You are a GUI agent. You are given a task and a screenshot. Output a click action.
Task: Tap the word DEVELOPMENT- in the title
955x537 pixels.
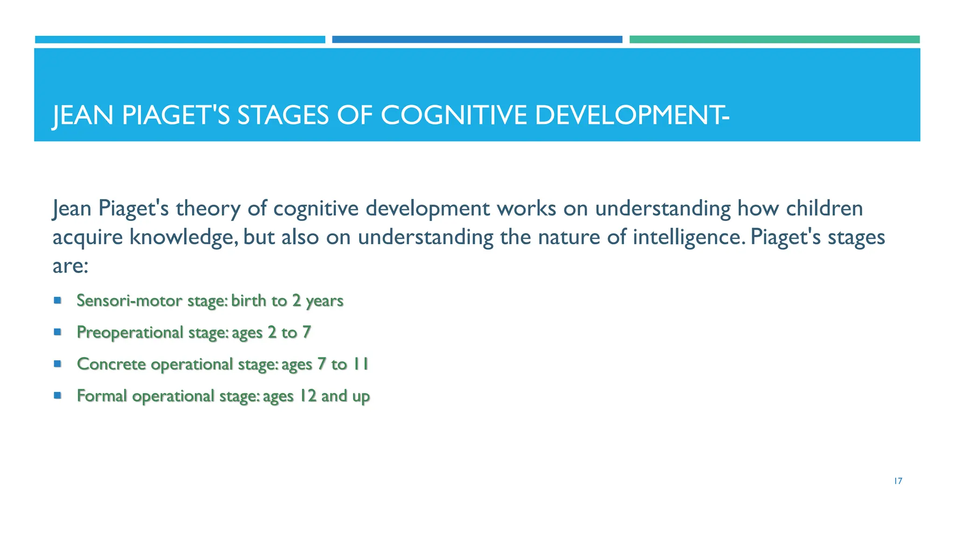click(632, 115)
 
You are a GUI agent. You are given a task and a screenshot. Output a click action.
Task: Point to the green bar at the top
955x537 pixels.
click(774, 40)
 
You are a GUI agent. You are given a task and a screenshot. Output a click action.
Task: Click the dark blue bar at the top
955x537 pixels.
click(477, 40)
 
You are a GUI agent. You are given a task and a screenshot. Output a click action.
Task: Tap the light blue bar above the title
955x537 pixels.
click(180, 40)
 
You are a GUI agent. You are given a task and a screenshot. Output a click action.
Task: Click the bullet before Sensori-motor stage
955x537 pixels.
click(58, 300)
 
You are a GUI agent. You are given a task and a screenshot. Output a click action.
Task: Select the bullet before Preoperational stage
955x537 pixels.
click(58, 332)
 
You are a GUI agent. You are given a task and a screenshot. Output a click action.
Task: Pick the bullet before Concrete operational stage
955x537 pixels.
click(58, 364)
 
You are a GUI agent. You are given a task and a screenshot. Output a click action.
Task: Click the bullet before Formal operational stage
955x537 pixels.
click(58, 395)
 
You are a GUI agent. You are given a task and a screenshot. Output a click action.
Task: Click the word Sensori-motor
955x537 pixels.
click(129, 301)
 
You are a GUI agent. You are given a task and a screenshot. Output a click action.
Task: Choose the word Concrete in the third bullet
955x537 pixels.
click(111, 364)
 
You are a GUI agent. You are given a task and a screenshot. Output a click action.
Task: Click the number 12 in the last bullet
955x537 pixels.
click(308, 396)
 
